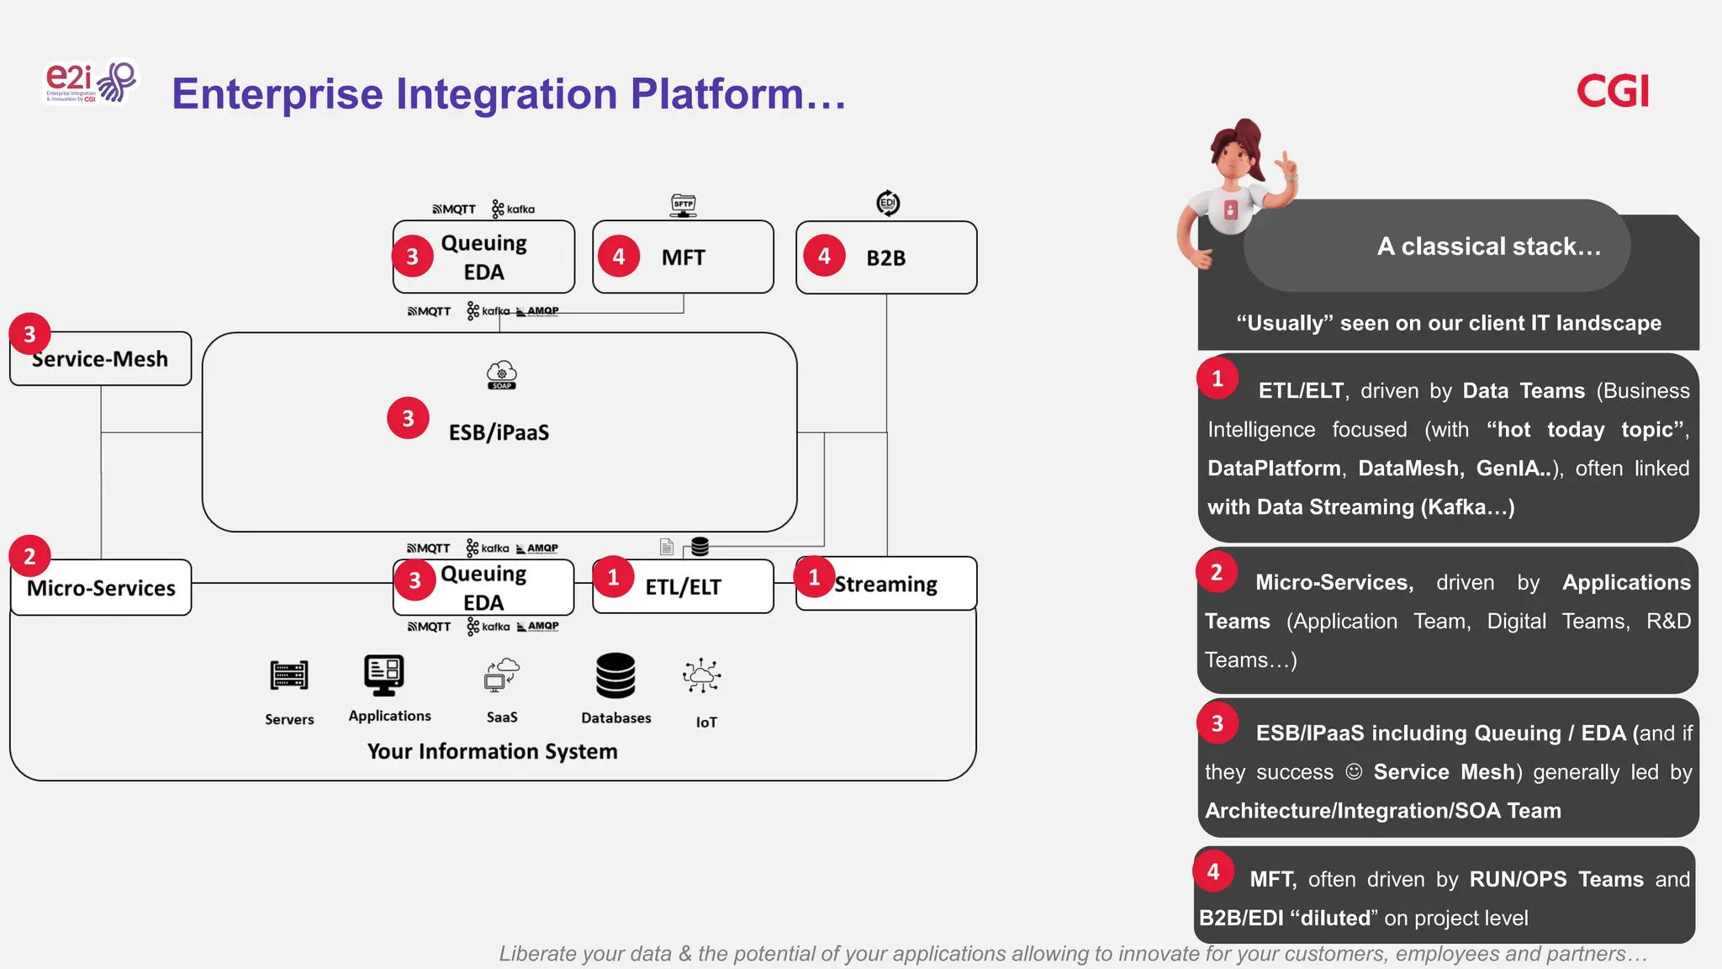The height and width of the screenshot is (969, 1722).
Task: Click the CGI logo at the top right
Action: pos(1612,91)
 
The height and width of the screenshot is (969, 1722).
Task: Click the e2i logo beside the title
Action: pos(90,82)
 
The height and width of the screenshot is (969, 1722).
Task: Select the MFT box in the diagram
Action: pos(683,257)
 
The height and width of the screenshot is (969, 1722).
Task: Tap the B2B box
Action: pos(886,258)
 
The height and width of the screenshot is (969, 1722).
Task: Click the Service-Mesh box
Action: pos(101,360)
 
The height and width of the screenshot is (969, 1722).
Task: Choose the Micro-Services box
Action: pos(101,588)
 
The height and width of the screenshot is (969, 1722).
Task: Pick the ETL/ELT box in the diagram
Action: pos(683,587)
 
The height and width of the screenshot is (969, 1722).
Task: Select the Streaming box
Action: pos(886,585)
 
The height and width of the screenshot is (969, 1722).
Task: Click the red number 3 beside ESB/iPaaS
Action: pos(408,418)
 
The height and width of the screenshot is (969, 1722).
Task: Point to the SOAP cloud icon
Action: pos(502,375)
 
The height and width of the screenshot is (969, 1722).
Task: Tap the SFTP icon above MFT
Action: pos(684,204)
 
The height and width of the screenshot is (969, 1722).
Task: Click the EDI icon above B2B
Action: pos(888,203)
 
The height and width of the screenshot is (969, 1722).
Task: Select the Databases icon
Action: pos(615,675)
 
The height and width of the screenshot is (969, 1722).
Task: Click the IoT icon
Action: pos(702,675)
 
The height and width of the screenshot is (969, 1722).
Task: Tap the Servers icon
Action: pos(289,675)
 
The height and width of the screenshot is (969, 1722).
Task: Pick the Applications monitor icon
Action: pos(384,675)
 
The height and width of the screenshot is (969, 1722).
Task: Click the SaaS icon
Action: pos(502,675)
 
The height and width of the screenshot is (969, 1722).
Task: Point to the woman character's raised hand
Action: pos(1286,165)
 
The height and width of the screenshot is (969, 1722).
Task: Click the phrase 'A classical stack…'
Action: pos(1488,246)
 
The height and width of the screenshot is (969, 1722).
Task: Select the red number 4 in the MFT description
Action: pos(1213,871)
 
